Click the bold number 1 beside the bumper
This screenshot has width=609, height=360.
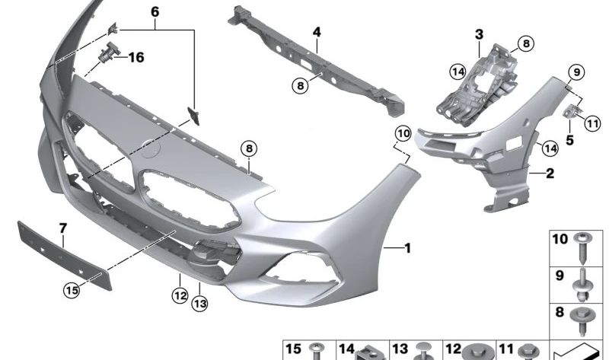[x=408, y=247]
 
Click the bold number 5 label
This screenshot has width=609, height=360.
[x=569, y=139]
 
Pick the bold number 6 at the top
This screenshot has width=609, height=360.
[x=155, y=12]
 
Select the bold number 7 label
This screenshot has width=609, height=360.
[x=63, y=227]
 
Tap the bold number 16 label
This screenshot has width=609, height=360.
[x=135, y=57]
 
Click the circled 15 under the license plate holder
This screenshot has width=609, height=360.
[x=72, y=289]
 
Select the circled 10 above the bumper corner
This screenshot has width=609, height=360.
[x=403, y=135]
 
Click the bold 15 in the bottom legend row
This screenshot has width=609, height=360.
[x=293, y=349]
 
